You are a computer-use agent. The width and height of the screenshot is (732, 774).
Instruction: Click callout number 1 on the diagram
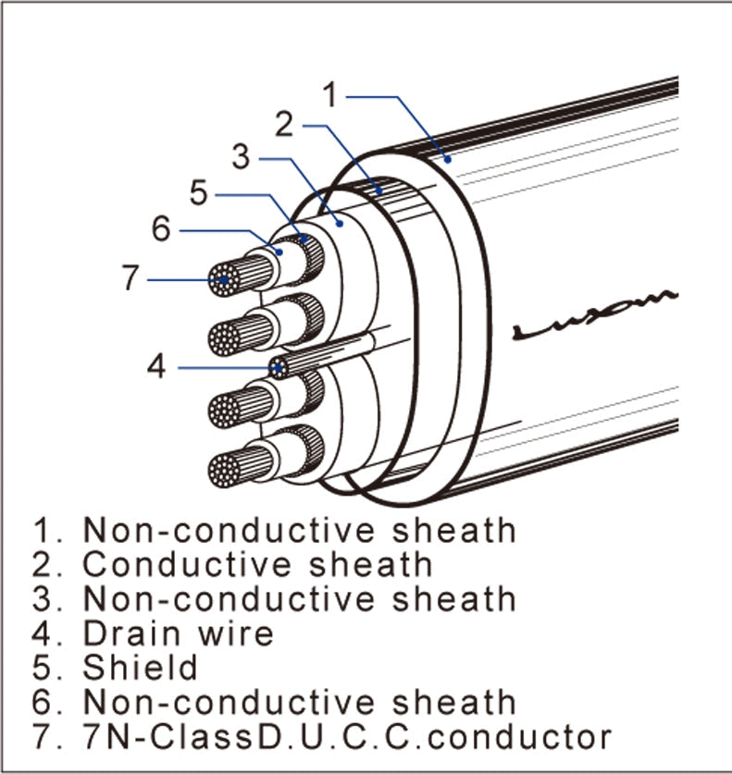pyautogui.click(x=333, y=92)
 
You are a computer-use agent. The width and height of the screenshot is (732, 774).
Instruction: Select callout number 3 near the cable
pyautogui.click(x=241, y=157)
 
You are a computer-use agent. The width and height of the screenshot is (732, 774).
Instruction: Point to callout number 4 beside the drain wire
pyautogui.click(x=157, y=367)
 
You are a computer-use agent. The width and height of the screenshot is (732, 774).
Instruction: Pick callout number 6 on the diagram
pyautogui.click(x=161, y=228)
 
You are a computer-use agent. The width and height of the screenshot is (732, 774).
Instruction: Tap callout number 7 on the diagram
pyautogui.click(x=130, y=278)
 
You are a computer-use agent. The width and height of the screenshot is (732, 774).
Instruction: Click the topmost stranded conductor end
pyautogui.click(x=224, y=279)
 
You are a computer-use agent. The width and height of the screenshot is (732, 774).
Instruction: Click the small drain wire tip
pyautogui.click(x=278, y=368)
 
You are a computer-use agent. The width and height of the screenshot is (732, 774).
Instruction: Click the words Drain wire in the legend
pyautogui.click(x=179, y=633)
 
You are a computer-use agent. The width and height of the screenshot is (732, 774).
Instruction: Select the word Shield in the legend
pyautogui.click(x=141, y=667)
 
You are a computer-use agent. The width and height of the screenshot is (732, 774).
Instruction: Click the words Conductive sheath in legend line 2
pyautogui.click(x=257, y=564)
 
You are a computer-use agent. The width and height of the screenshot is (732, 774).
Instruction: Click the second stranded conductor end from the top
pyautogui.click(x=224, y=338)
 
